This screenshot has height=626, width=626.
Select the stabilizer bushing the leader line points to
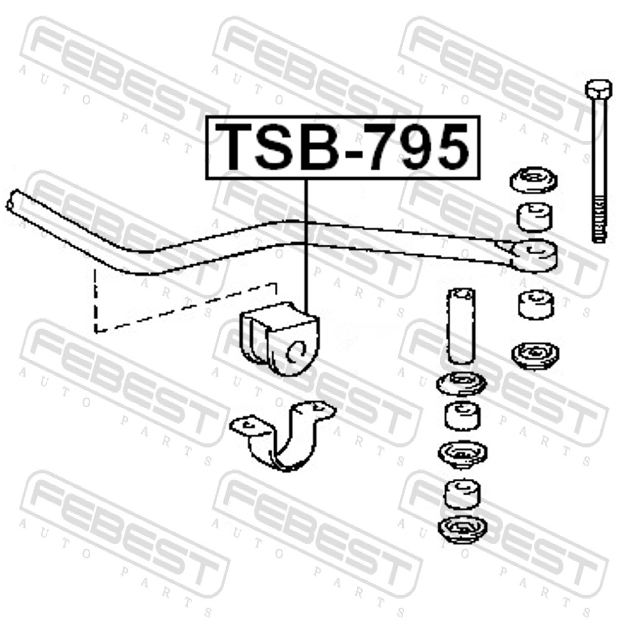point(279,338)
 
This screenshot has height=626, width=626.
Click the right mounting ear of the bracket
point(316,409)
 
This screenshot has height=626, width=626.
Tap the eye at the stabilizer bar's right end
point(535,255)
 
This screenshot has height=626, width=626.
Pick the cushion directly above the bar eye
point(535,217)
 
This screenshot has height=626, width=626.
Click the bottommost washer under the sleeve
point(463,530)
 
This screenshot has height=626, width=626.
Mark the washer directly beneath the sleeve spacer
point(462,382)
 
